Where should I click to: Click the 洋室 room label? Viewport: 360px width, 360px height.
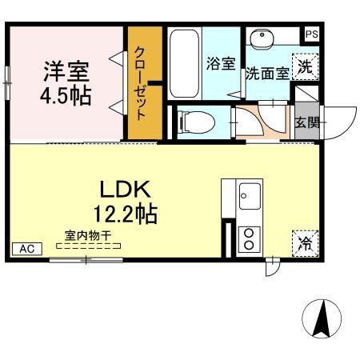[66, 71]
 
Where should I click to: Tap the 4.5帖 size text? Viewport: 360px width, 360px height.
[66, 96]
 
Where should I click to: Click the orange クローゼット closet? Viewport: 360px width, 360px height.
[145, 82]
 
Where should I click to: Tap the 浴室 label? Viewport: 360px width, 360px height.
[220, 65]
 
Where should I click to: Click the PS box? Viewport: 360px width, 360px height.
[310, 34]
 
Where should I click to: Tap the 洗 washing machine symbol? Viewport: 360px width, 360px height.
[306, 66]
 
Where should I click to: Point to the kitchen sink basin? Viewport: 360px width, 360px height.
[248, 195]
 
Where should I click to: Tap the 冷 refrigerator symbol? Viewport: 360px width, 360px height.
[305, 243]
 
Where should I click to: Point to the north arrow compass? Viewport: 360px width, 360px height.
[323, 320]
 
